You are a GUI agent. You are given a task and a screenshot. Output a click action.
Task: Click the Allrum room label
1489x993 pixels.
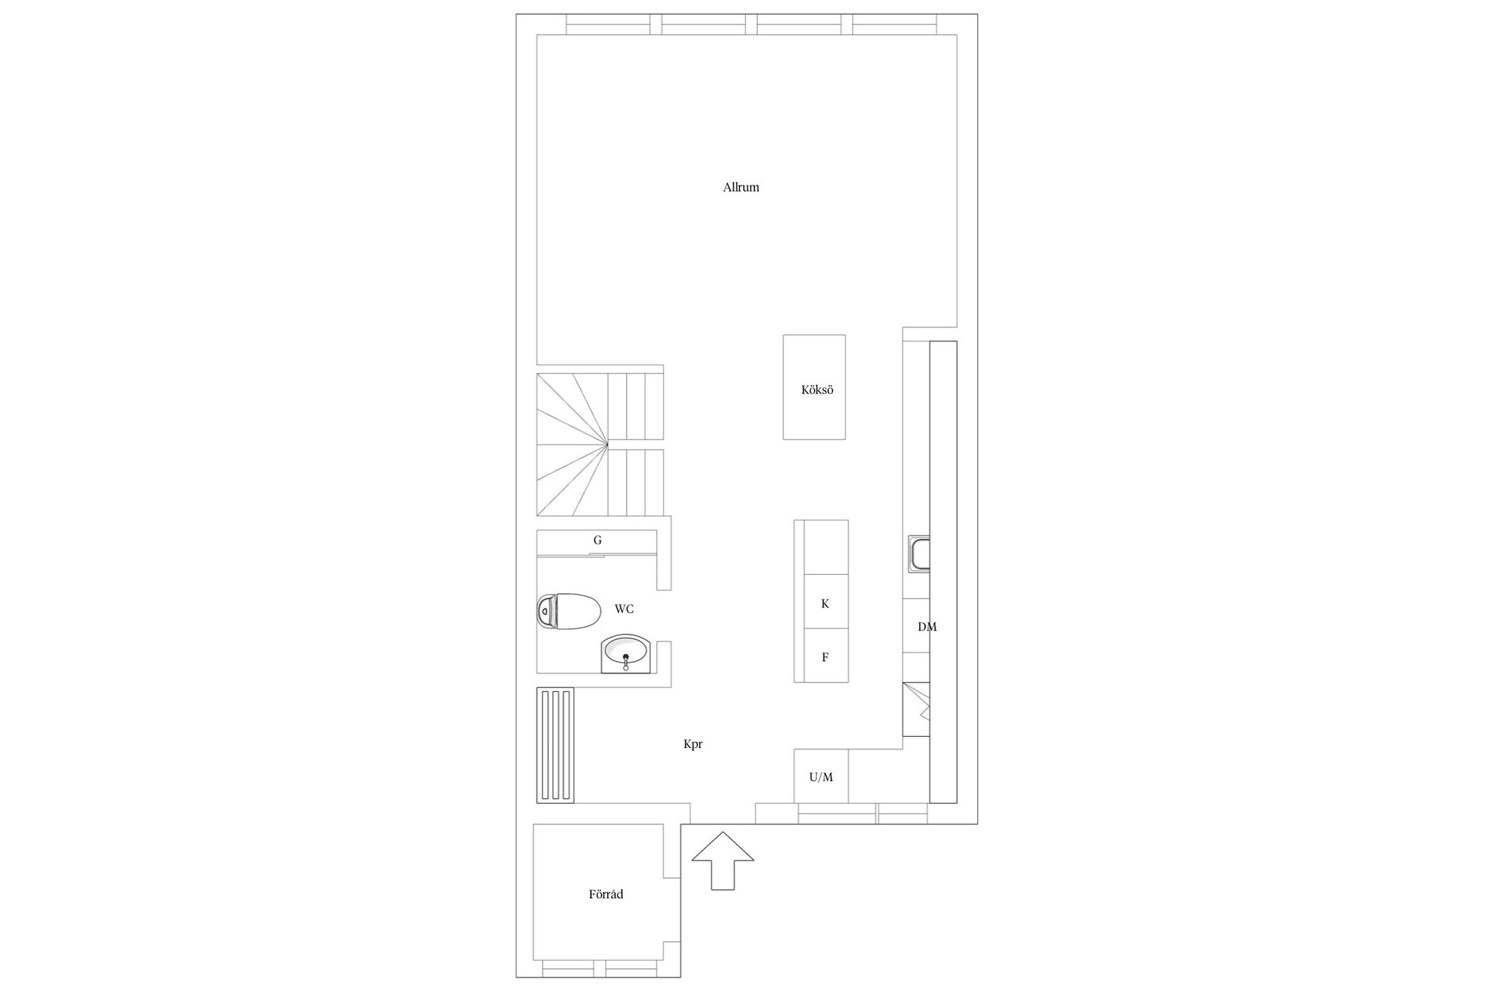741,187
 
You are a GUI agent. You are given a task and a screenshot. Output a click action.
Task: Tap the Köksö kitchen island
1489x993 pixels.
814,387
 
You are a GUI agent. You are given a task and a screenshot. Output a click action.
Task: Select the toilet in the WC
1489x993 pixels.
568,611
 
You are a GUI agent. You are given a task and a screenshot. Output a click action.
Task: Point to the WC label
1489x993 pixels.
624,609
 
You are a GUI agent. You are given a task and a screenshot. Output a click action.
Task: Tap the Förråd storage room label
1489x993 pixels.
606,894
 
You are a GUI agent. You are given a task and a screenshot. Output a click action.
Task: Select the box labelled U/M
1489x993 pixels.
821,777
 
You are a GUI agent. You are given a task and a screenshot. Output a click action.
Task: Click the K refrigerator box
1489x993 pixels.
825,603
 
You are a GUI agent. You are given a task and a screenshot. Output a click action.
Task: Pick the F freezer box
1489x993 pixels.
825,656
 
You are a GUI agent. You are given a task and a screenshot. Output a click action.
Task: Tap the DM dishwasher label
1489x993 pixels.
927,627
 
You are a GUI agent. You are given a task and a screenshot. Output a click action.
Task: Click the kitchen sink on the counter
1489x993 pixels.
921,555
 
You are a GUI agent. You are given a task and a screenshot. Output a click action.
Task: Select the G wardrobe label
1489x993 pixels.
597,540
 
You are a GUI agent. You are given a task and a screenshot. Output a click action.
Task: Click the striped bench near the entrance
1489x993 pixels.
555,745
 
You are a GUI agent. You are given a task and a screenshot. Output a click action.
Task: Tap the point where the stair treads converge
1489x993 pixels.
607,445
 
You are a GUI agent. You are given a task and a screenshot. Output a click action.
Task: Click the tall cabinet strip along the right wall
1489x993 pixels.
943,571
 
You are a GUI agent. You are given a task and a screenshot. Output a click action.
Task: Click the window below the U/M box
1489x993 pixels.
838,814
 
